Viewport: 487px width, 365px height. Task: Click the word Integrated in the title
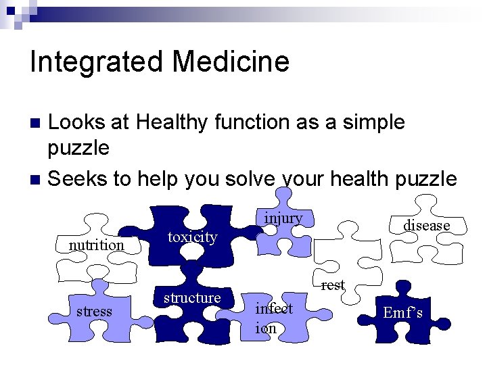pyautogui.click(x=97, y=62)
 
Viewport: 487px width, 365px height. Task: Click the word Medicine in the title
pyautogui.click(x=231, y=62)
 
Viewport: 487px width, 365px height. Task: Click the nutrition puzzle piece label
pyautogui.click(x=97, y=245)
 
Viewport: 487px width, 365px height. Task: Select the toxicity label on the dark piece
pyautogui.click(x=192, y=237)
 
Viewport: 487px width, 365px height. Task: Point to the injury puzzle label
pyautogui.click(x=283, y=218)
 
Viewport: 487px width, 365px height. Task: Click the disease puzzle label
pyautogui.click(x=426, y=225)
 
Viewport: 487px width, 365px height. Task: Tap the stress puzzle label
pyautogui.click(x=94, y=311)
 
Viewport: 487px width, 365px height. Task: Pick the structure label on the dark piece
pyautogui.click(x=192, y=297)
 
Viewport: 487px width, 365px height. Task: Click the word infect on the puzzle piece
pyautogui.click(x=274, y=309)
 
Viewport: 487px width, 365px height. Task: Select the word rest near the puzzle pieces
pyautogui.click(x=333, y=285)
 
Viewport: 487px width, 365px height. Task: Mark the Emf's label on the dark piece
pyautogui.click(x=402, y=312)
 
